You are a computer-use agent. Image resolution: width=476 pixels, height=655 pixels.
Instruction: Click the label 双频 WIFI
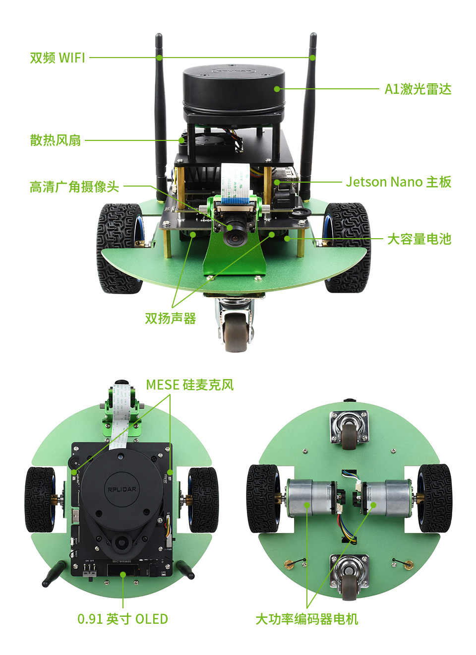pyautogui.click(x=58, y=58)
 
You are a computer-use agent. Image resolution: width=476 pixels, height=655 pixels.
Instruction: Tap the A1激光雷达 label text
pyautogui.click(x=418, y=89)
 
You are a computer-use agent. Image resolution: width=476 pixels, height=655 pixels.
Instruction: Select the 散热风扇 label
pyautogui.click(x=56, y=140)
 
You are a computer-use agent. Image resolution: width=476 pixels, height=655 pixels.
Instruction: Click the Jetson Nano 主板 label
pyautogui.click(x=399, y=182)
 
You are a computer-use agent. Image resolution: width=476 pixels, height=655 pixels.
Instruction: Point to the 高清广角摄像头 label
pyautogui.click(x=74, y=187)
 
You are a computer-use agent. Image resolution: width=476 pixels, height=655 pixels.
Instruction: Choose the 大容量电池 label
pyautogui.click(x=419, y=239)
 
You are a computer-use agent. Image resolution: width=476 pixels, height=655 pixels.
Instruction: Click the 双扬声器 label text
pyautogui.click(x=170, y=319)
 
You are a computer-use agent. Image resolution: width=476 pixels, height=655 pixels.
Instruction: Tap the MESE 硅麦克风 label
pyautogui.click(x=189, y=385)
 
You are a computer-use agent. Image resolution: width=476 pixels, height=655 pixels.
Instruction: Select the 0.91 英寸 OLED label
pyautogui.click(x=122, y=619)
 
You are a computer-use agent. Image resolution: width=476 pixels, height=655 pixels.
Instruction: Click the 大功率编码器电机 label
pyautogui.click(x=306, y=619)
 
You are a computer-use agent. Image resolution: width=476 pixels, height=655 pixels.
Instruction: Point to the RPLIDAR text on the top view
pyautogui.click(x=122, y=490)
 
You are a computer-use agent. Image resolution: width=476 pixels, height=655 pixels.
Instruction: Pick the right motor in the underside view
pyautogui.click(x=385, y=497)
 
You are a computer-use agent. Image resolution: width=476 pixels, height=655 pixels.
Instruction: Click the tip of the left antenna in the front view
pyautogui.click(x=159, y=36)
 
